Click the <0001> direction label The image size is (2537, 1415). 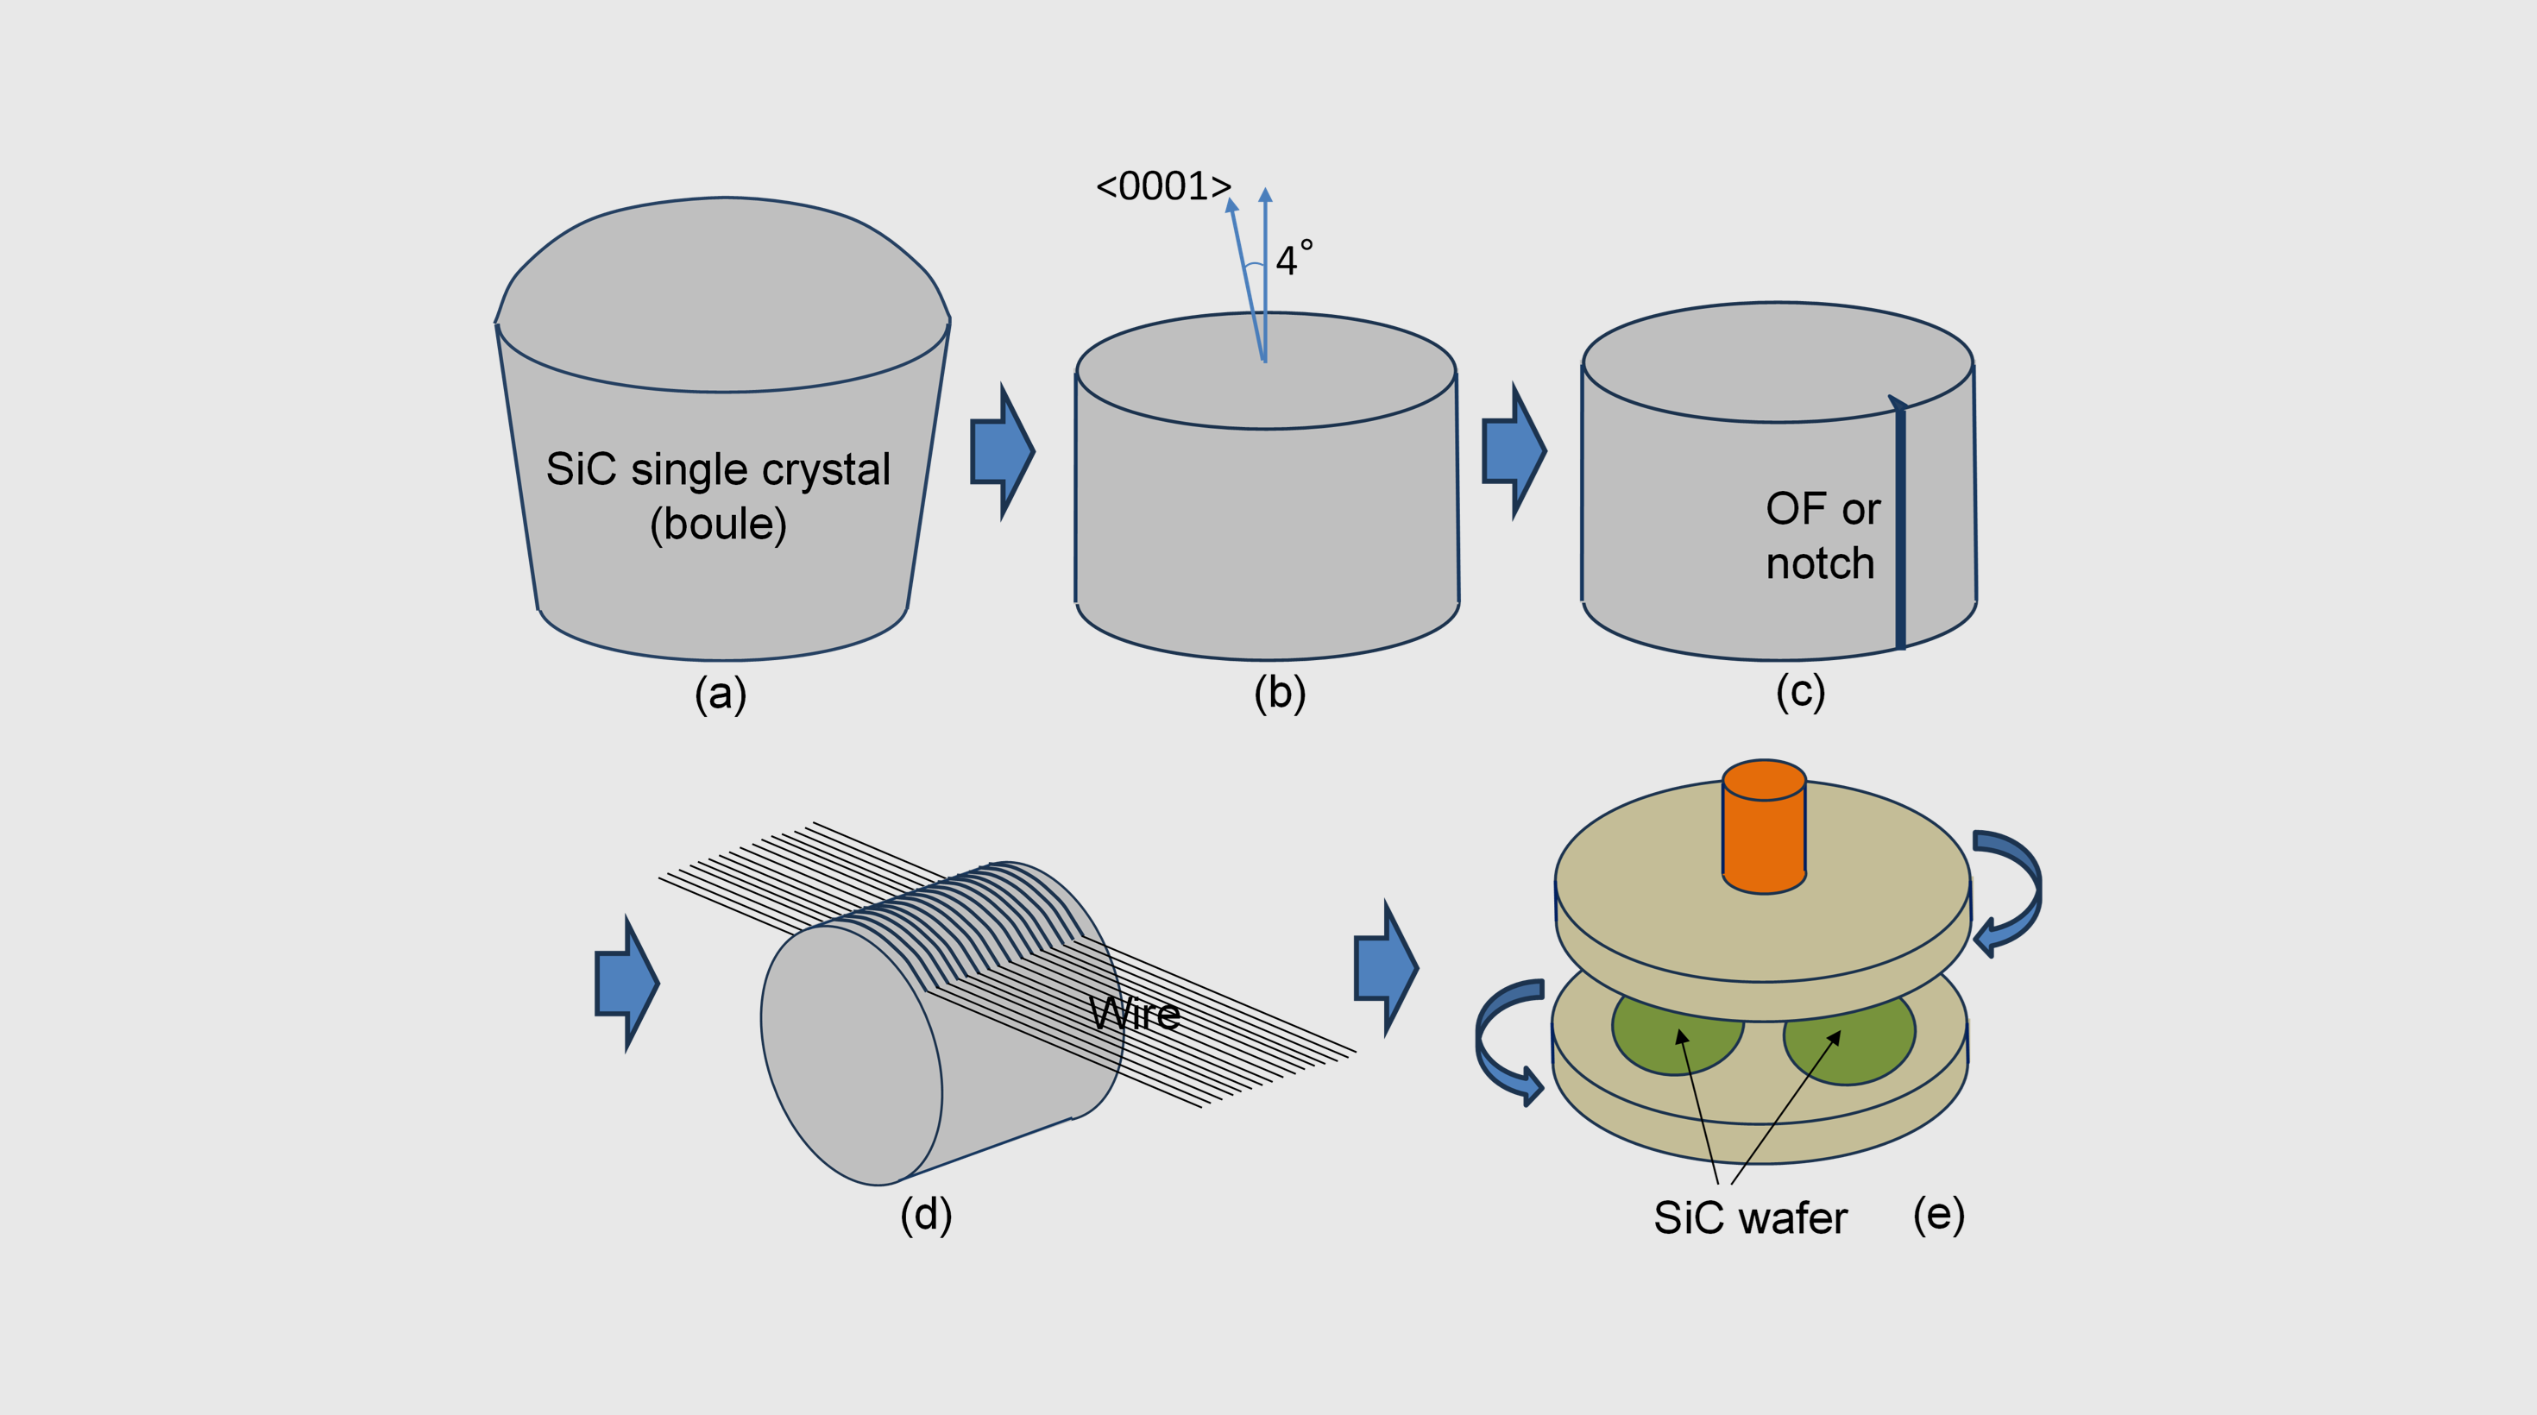coord(1163,186)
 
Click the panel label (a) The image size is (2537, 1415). coord(720,695)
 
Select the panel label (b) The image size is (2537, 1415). coord(1280,693)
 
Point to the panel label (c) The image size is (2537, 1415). coord(1799,692)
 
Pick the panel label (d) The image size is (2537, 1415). coord(926,1214)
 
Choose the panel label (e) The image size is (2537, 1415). coord(1938,1214)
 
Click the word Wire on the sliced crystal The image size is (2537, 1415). coord(1135,1013)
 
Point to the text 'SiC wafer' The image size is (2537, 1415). coord(1750,1218)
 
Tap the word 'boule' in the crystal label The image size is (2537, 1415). coord(718,524)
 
